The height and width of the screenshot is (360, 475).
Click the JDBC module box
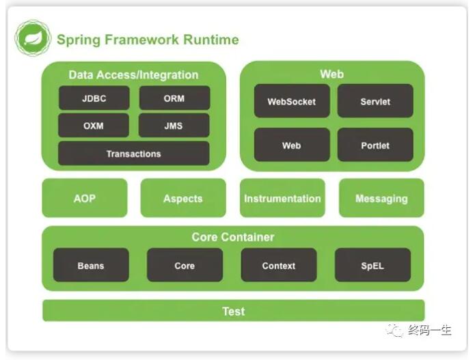pos(94,98)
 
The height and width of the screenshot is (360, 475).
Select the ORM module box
pos(174,98)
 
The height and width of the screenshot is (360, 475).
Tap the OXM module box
pos(94,125)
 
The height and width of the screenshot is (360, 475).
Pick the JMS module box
pos(174,125)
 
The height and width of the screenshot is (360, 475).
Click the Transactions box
pos(133,154)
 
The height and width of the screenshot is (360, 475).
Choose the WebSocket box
pos(292,101)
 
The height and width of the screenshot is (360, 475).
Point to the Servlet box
pos(375,101)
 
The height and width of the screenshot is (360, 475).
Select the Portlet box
pos(375,145)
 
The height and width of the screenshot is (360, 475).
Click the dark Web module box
pos(292,145)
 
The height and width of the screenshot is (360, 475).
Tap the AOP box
pos(85,198)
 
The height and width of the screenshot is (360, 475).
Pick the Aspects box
pos(183,198)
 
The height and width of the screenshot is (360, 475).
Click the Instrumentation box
pos(283,198)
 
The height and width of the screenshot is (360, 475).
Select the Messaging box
pos(381,198)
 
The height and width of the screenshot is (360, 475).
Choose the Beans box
pos(91,265)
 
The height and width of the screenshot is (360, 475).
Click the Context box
pos(279,265)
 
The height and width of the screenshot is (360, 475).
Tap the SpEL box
pos(373,265)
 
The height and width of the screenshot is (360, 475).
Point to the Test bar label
pos(234,311)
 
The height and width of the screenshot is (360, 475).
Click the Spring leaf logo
pos(33,38)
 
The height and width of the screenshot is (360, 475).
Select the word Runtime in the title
pos(211,40)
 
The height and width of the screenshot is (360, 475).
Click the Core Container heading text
pos(233,237)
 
